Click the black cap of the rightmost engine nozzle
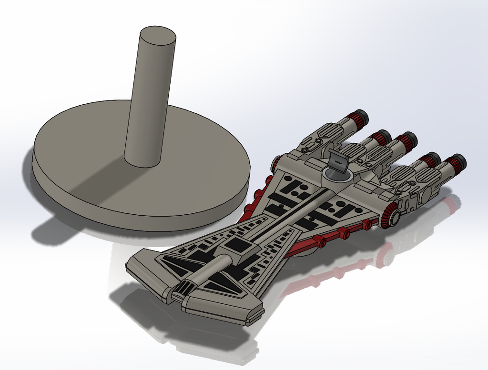460,161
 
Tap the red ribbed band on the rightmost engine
450,165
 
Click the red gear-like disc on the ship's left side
275,164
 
